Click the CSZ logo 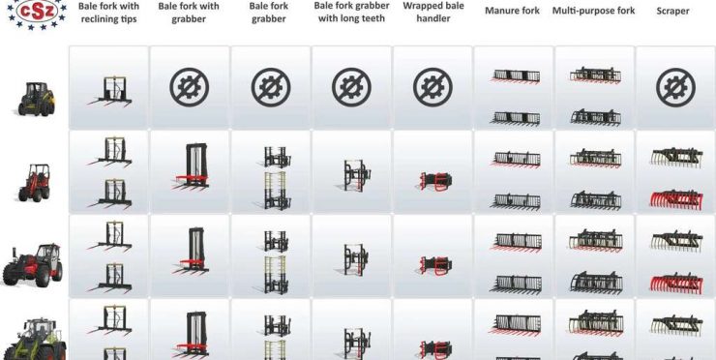[x=37, y=13]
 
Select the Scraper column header [x=672, y=11]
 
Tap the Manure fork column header [x=512, y=11]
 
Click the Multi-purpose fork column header [x=594, y=11]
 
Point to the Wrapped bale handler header [x=433, y=13]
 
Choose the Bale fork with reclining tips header [x=108, y=13]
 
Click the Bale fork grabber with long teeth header [x=351, y=13]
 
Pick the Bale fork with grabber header [x=189, y=13]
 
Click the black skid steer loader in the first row [x=37, y=99]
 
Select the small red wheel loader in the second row [x=34, y=183]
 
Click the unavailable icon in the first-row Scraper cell [x=675, y=87]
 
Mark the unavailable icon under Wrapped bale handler [x=433, y=87]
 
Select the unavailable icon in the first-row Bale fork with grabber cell [x=190, y=87]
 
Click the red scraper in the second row [x=676, y=200]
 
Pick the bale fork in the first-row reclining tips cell [x=110, y=91]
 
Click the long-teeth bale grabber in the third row [x=356, y=259]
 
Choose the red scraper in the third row [x=676, y=285]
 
